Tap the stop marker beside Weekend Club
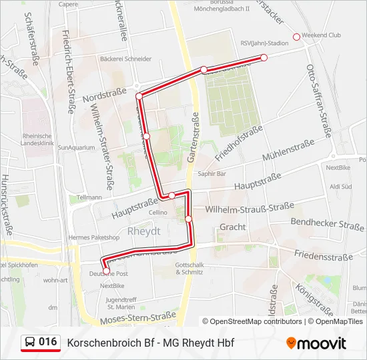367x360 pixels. tap(297, 36)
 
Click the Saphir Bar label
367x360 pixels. tap(213, 173)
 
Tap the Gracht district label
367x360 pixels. tap(233, 227)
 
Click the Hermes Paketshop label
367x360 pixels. tap(94, 237)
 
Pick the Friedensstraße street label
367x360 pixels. tap(323, 257)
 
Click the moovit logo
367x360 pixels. tap(316, 343)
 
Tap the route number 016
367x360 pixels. tap(47, 342)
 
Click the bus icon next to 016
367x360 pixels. tap(29, 343)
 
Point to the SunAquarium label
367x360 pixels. tap(73, 147)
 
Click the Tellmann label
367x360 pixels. tap(89, 197)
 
